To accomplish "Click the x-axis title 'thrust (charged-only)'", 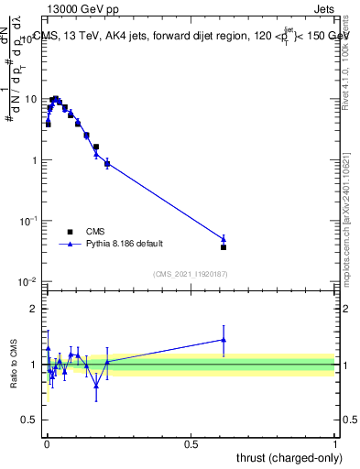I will [x=289, y=456].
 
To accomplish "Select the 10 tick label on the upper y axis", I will [x=31, y=99].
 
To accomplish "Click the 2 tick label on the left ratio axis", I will [x=36, y=309].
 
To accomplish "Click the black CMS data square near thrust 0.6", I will [x=224, y=247].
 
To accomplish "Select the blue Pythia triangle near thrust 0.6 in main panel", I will [x=224, y=239].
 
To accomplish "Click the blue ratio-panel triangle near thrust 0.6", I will [x=224, y=339].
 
